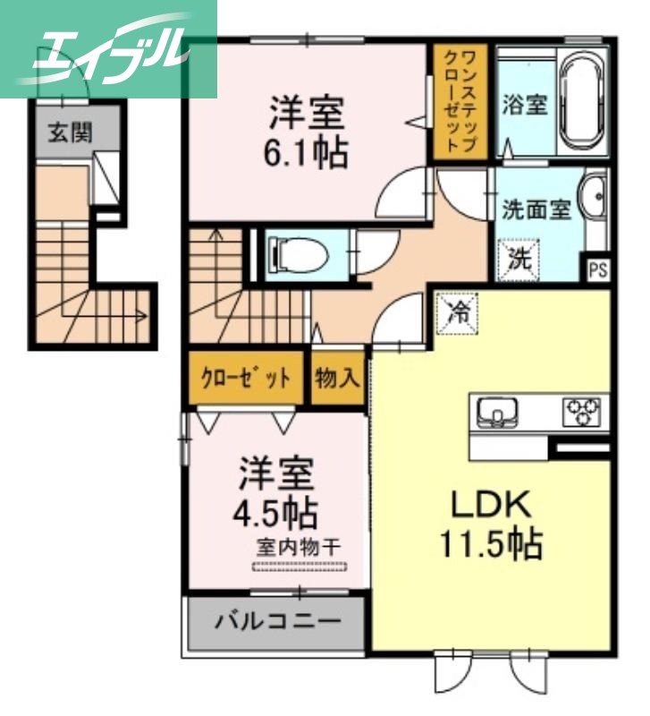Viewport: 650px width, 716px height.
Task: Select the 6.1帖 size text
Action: pos(306,153)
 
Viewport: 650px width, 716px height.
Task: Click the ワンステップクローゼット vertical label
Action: pos(460,101)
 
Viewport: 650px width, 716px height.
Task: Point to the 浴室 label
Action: pos(525,103)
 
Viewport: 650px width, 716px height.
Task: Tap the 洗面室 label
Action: pos(535,210)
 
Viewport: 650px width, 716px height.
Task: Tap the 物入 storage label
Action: pos(336,378)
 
